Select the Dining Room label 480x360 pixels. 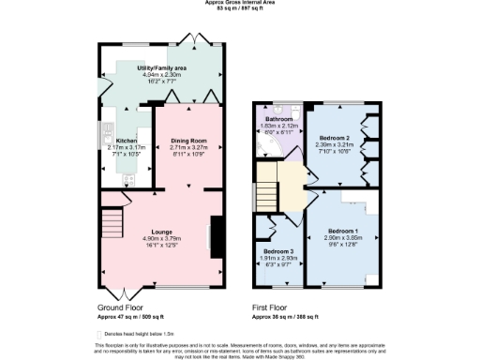click(x=188, y=140)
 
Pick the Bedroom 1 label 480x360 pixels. click(x=342, y=231)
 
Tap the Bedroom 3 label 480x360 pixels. click(x=277, y=251)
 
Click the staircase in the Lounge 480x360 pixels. click(x=112, y=224)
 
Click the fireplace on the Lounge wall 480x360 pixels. click(x=217, y=235)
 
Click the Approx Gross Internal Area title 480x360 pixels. click(x=239, y=4)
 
